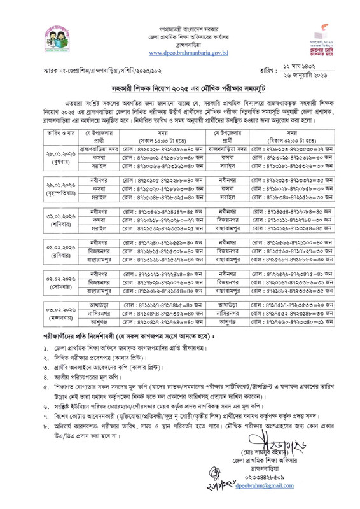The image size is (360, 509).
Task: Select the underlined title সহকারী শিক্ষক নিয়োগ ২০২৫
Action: click(180, 104)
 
